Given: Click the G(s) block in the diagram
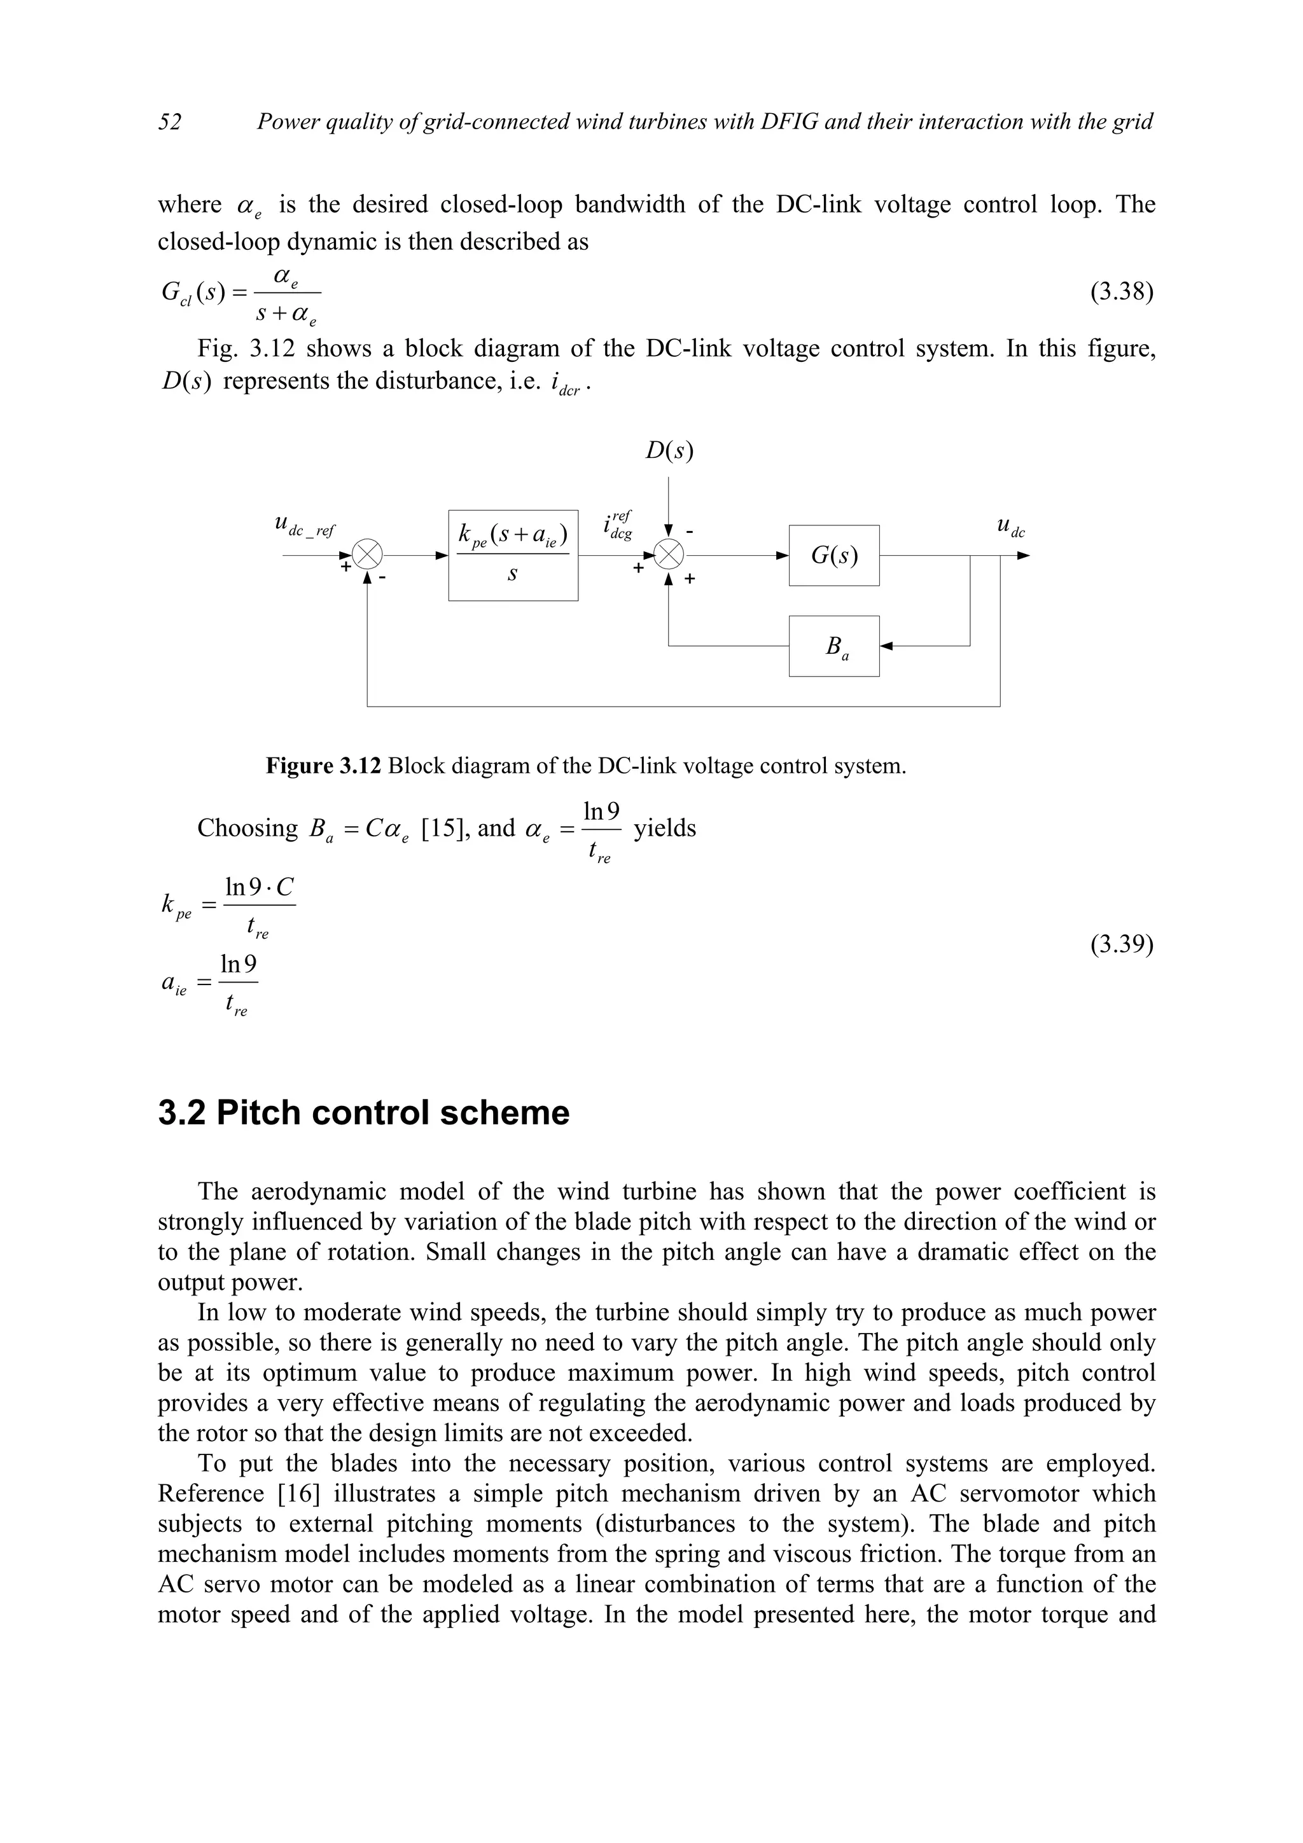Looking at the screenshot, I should coord(833,555).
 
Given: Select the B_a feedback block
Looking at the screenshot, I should coord(833,646).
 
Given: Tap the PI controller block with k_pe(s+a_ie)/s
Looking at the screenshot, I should coord(513,555).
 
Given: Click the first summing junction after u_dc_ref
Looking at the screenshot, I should coord(368,555).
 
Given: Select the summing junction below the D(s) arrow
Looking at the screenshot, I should coord(669,555).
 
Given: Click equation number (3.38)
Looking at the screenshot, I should coord(1121,291).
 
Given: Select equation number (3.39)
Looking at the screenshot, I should coord(1121,945).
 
